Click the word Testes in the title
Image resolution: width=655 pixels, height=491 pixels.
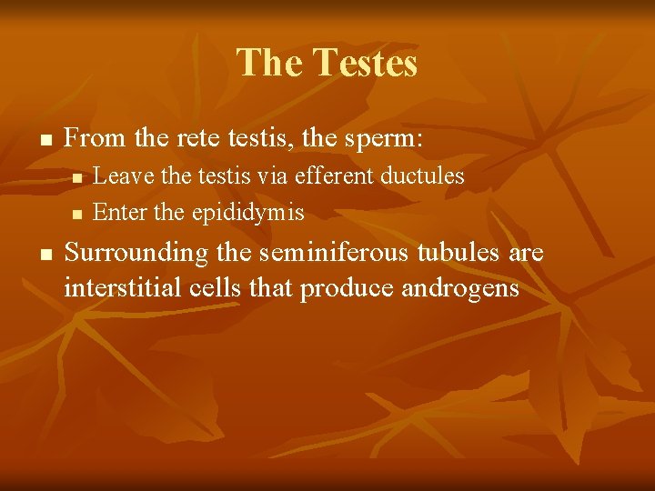tap(365, 64)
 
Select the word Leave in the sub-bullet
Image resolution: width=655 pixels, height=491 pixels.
tap(122, 175)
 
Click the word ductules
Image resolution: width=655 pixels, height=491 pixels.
tap(427, 175)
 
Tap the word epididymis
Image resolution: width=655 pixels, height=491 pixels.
tap(247, 214)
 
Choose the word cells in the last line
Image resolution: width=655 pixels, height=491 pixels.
tap(215, 288)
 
